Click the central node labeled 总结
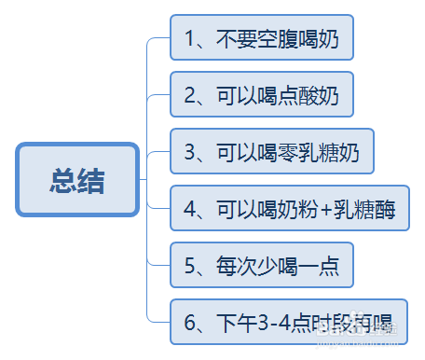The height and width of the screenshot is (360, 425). click(x=77, y=180)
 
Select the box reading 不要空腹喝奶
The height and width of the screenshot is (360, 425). click(x=262, y=39)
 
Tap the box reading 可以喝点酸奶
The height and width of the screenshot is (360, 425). click(x=262, y=94)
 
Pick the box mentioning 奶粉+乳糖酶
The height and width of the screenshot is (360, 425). click(x=289, y=209)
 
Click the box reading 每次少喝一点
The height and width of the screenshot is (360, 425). click(x=262, y=266)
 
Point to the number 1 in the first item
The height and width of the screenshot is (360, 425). click(x=190, y=40)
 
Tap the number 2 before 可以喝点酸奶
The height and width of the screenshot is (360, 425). click(x=190, y=95)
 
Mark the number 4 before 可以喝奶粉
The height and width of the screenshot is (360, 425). click(x=190, y=210)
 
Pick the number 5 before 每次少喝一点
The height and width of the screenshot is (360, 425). click(x=190, y=267)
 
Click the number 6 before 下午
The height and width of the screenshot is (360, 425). click(x=190, y=324)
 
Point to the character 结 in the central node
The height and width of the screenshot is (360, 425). click(x=92, y=180)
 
